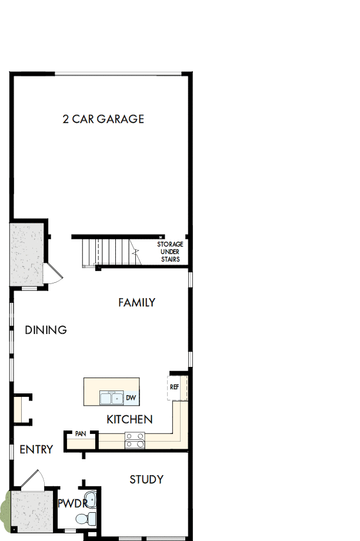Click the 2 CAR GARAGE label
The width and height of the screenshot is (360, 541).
click(103, 119)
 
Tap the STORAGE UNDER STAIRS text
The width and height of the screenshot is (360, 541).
click(169, 252)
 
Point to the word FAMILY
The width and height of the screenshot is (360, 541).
click(136, 303)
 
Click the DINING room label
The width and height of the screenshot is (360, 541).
click(46, 330)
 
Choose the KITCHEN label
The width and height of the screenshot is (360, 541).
click(129, 419)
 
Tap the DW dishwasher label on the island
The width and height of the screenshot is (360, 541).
click(131, 398)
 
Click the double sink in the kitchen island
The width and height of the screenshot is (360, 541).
click(111, 398)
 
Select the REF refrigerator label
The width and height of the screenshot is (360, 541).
click(174, 387)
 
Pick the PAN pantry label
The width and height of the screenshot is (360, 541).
click(81, 434)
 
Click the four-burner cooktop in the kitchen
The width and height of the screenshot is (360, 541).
click(135, 440)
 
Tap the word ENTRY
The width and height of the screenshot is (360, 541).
click(36, 450)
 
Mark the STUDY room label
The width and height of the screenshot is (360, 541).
click(146, 480)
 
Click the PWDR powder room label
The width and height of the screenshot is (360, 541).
click(72, 503)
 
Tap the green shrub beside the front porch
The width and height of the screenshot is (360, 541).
click(5, 508)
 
